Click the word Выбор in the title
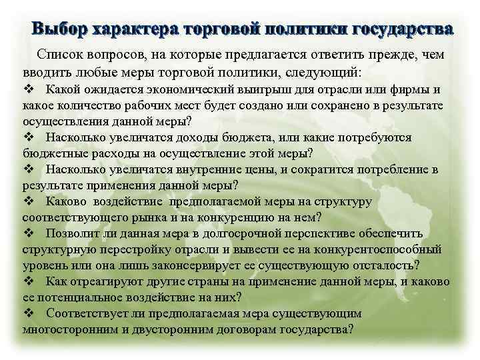60,29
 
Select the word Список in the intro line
65,53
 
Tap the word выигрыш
291,90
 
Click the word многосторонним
69,329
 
